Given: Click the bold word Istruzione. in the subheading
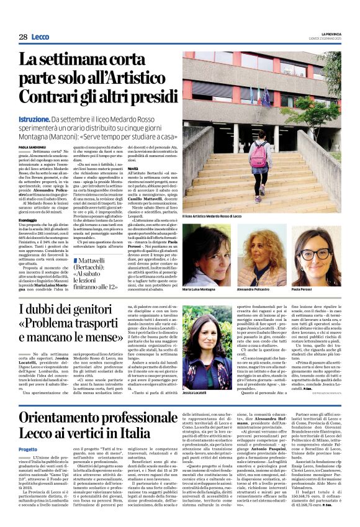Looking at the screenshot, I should (x=37, y=118).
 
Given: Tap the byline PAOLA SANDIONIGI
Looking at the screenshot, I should (x=34, y=146).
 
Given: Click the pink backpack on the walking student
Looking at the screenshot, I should (x=259, y=155).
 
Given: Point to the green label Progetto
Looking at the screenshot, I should (x=28, y=449).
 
